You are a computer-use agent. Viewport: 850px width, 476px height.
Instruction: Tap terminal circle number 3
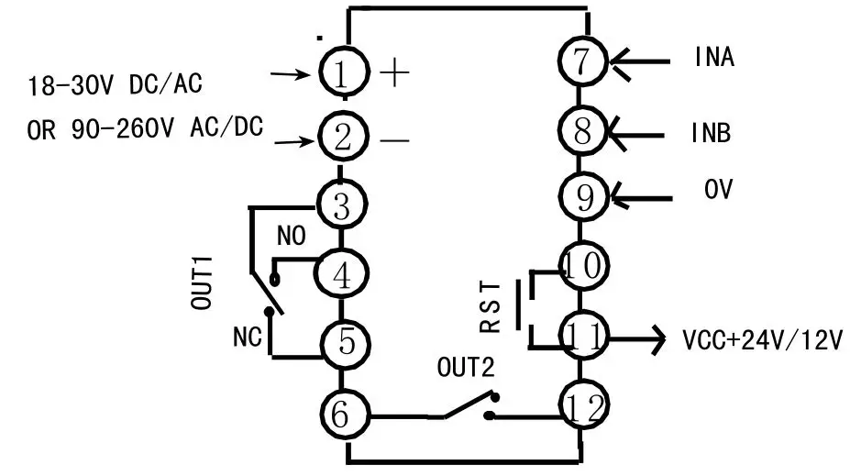[x=341, y=205]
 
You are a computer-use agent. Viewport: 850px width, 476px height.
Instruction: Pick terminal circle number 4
[x=341, y=273]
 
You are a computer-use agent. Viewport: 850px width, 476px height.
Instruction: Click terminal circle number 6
[x=341, y=415]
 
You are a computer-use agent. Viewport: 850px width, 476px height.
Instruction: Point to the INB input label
[x=711, y=132]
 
